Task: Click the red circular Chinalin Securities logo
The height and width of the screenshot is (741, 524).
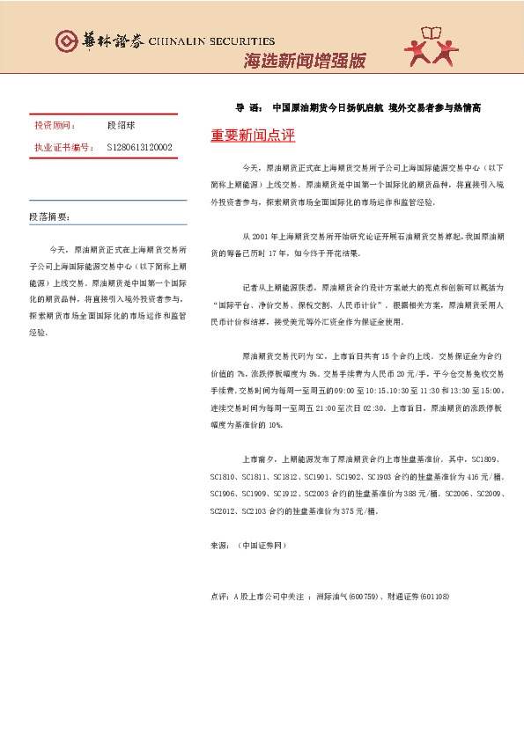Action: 65,41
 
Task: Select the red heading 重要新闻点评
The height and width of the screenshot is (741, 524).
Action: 253,136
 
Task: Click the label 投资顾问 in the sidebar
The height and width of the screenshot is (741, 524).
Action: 55,126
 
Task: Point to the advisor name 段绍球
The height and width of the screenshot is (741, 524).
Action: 122,126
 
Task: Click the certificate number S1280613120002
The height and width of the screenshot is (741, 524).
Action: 139,147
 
